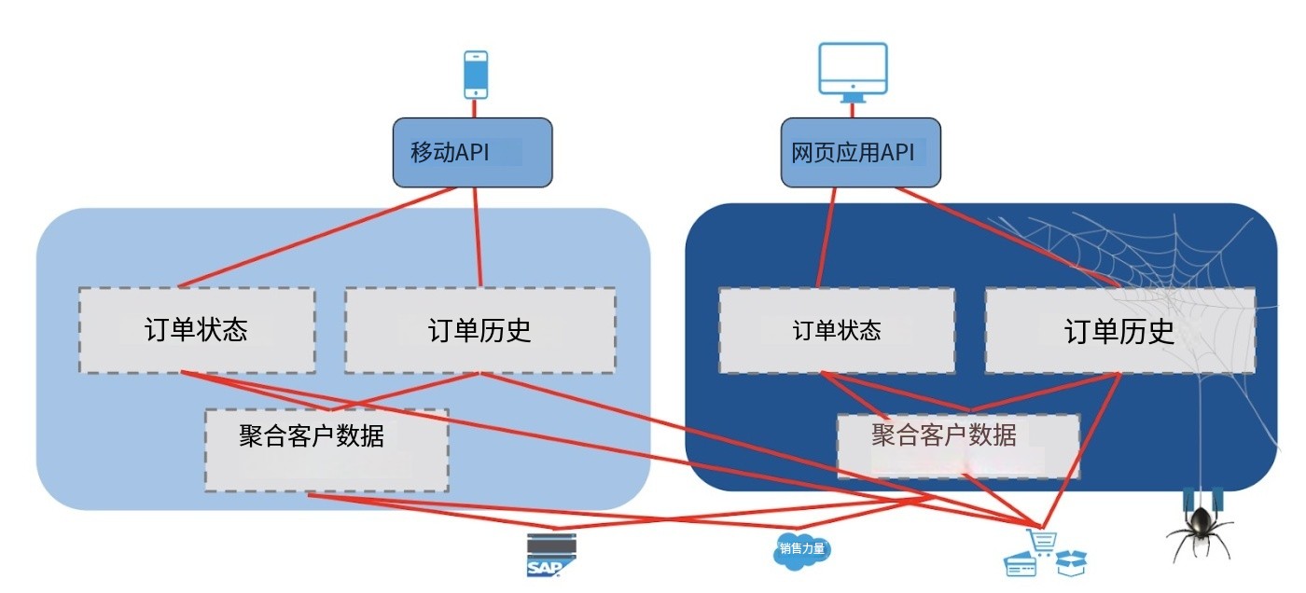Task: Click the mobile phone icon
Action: coord(476,75)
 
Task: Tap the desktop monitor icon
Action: coord(853,70)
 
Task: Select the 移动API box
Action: coord(472,152)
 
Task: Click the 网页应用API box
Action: coord(860,152)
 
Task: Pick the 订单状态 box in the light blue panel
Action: coord(197,330)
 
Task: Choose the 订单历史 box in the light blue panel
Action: coord(479,330)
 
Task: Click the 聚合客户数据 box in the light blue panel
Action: coord(326,449)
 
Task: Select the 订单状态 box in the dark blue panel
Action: coord(837,330)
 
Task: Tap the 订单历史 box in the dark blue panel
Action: coord(1119,330)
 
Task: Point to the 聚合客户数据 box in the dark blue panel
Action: coord(958,446)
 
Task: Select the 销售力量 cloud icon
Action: coord(801,549)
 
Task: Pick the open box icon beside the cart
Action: coord(1070,561)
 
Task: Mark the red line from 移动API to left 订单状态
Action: coord(317,237)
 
